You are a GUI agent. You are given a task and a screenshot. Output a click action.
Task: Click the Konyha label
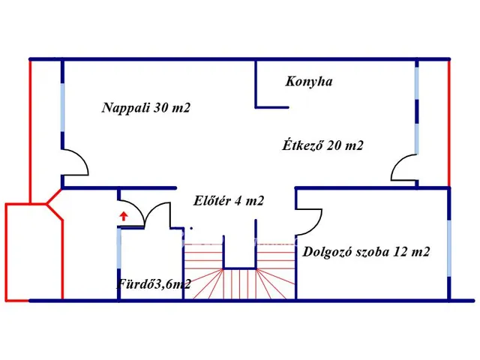point(308,81)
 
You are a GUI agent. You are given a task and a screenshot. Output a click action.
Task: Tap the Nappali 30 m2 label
point(146,108)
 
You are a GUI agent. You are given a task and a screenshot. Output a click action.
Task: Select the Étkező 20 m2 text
point(322,145)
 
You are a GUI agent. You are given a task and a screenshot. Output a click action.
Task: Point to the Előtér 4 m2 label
point(228,200)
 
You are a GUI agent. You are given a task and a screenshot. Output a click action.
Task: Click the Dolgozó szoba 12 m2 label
point(366,252)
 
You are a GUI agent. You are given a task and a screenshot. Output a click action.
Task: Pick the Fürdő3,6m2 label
point(153,283)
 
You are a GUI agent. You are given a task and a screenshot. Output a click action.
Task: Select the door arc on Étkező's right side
point(403,168)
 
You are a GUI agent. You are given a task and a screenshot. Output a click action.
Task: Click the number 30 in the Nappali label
point(162,108)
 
